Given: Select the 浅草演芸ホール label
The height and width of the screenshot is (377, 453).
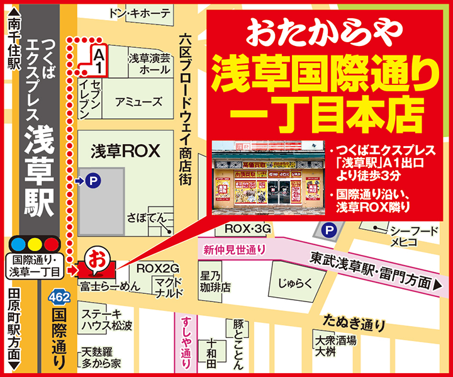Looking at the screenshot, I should (148, 64).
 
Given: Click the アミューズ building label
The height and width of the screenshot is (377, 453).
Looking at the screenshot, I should (138, 101).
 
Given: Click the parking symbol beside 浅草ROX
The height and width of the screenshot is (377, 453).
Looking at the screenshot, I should (93, 181).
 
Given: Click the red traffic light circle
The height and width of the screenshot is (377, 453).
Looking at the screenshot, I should (52, 243).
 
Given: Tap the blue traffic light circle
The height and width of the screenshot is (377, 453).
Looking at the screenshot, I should (19, 243).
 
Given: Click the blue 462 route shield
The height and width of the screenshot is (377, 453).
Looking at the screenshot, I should (55, 296).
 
